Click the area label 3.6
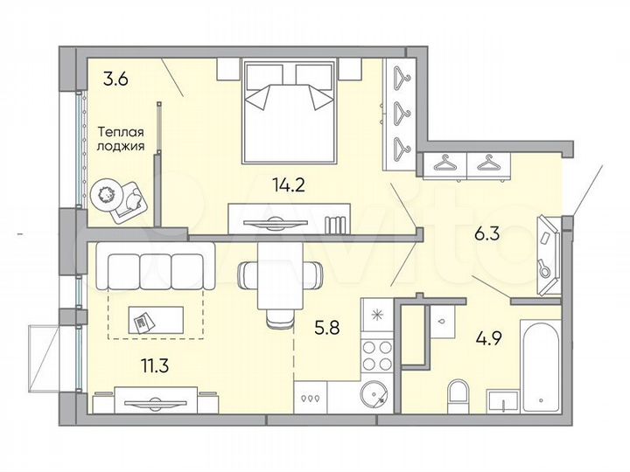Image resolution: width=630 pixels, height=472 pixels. click(115, 80)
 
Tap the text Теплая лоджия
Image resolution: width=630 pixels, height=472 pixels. click(120, 140)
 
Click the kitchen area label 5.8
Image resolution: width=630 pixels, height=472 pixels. click(327, 330)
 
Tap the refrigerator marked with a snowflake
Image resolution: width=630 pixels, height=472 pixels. click(378, 315)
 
